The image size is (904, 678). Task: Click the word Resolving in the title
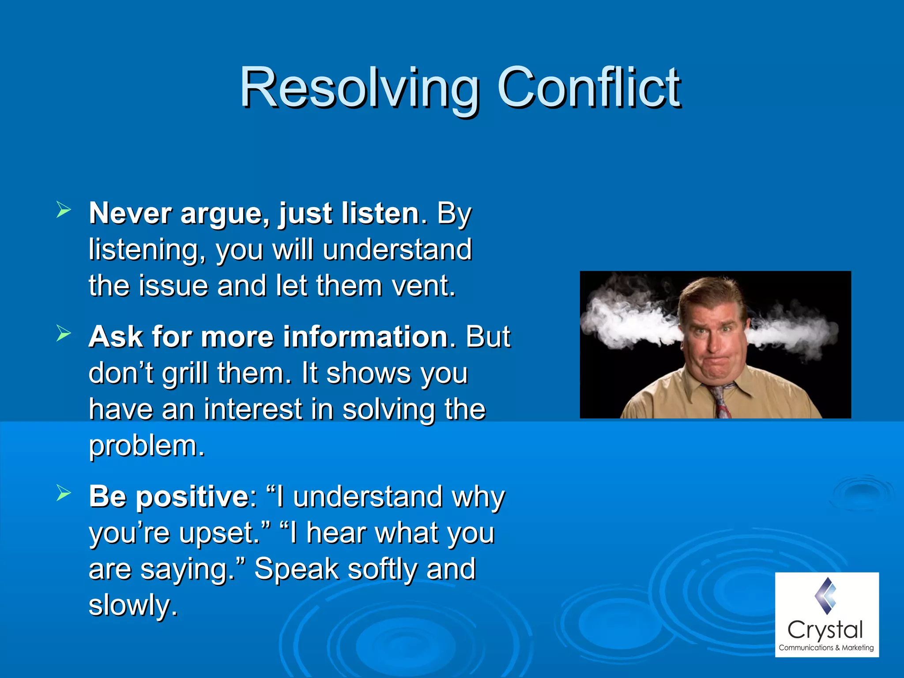(x=359, y=88)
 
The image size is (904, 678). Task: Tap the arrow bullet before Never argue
(x=64, y=210)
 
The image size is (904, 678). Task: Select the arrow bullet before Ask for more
(x=64, y=334)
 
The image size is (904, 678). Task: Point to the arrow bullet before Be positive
(x=64, y=493)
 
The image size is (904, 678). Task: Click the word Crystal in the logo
(x=825, y=630)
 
